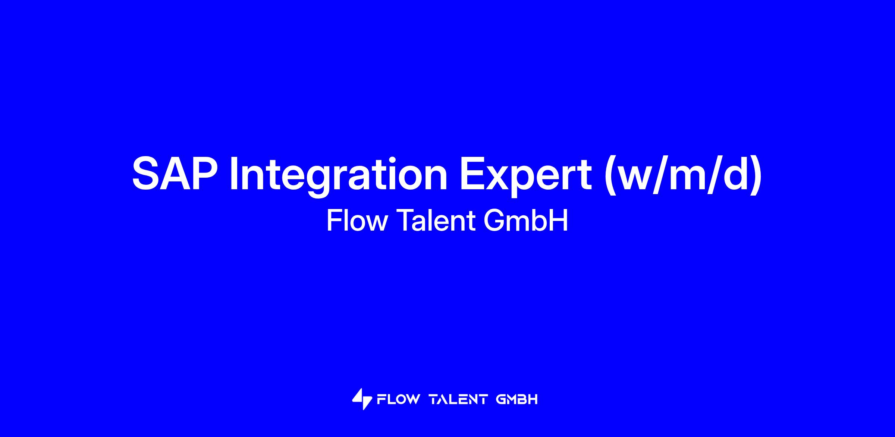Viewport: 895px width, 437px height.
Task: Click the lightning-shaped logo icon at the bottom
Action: [x=362, y=399]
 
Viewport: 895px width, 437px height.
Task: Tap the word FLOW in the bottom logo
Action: [x=398, y=399]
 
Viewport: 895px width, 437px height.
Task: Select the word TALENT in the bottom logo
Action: [x=459, y=399]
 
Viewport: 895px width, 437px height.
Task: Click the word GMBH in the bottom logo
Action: [x=517, y=399]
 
